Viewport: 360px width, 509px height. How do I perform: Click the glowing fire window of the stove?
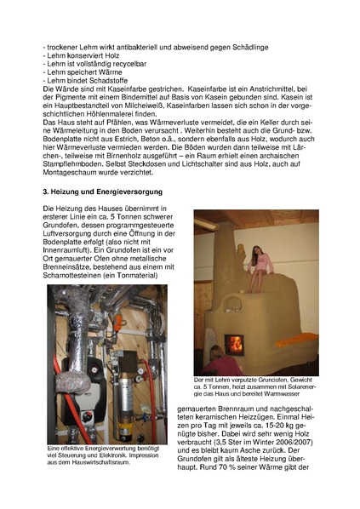pyautogui.click(x=235, y=344)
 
